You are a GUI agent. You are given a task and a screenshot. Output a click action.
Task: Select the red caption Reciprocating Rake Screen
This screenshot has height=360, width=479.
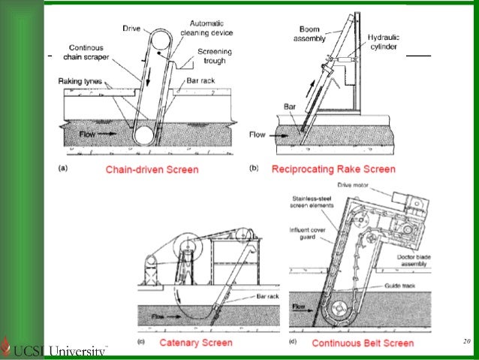coord(333,169)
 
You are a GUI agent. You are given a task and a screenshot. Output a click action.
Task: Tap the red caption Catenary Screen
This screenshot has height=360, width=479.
coord(196,343)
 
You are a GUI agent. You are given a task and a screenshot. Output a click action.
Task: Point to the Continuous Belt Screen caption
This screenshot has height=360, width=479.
coord(363,343)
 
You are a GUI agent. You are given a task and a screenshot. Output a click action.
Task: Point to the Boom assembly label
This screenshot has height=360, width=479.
coord(309,33)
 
